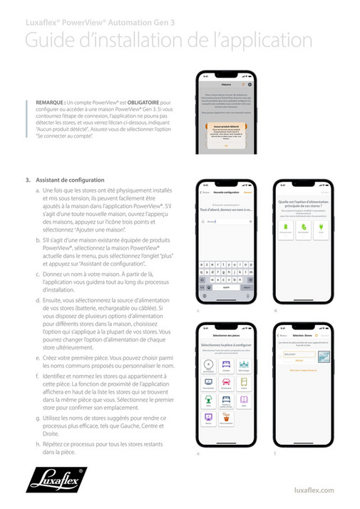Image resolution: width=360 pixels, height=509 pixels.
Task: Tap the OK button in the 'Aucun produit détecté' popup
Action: [x=225, y=145]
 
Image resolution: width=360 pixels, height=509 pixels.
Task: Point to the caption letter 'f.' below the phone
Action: [x=275, y=453]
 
